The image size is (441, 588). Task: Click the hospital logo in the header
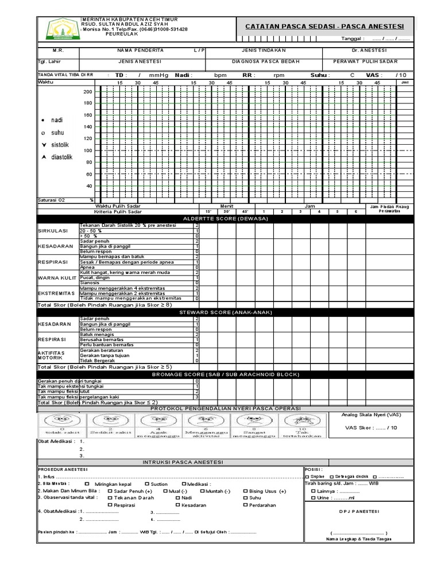coord(59,29)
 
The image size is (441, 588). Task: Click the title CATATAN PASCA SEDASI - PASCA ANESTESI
coord(324,26)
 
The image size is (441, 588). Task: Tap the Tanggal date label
coord(353,39)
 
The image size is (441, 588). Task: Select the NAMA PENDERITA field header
coord(129,51)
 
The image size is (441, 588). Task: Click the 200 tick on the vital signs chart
coord(88,92)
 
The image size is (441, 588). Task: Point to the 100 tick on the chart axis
coord(88,150)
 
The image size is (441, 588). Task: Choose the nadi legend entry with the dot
coord(53,120)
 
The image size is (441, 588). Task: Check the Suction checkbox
coord(148,484)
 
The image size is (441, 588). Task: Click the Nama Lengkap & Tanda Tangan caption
coord(359,539)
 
